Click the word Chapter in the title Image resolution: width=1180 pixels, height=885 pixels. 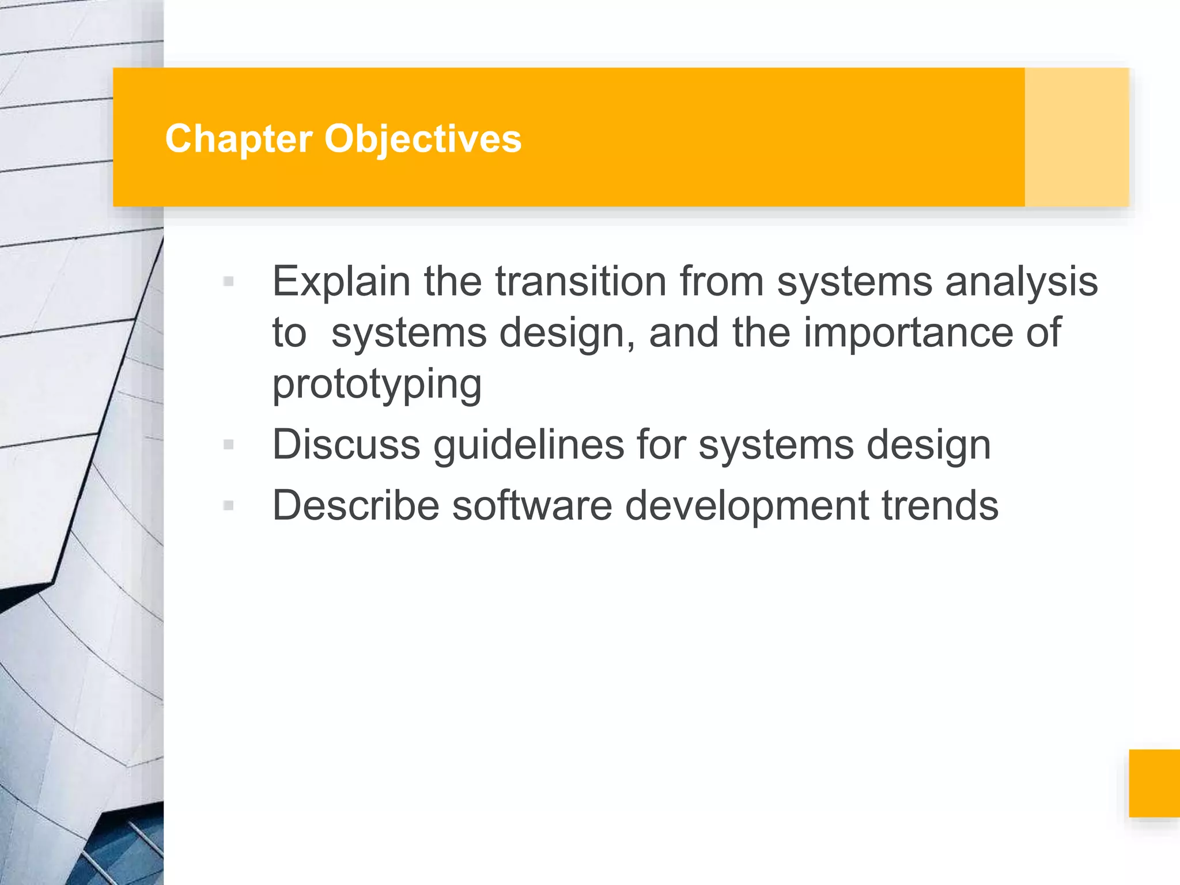point(239,139)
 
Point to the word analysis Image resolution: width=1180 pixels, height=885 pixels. point(1021,282)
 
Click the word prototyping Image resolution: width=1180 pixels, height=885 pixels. point(377,385)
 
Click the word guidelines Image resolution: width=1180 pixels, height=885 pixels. point(528,445)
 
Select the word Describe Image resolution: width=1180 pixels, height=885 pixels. point(355,505)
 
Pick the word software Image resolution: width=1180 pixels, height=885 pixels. point(531,505)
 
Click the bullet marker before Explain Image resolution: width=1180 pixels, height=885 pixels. point(228,282)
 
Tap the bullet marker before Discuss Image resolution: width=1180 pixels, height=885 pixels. point(228,445)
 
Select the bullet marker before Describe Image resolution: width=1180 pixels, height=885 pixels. point(228,506)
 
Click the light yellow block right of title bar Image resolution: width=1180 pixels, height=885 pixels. point(1076,137)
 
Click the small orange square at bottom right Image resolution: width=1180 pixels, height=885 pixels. point(1154,783)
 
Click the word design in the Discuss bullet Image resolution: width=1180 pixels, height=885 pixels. point(928,445)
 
